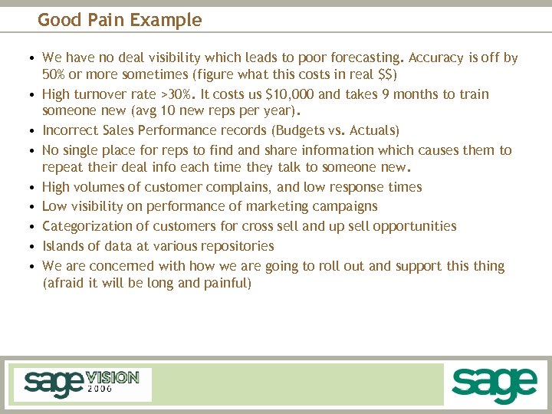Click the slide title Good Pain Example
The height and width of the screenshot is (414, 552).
(120, 20)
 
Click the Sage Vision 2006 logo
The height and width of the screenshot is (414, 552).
(81, 383)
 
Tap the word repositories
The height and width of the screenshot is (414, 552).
(235, 246)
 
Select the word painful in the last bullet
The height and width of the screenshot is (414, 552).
(226, 283)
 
